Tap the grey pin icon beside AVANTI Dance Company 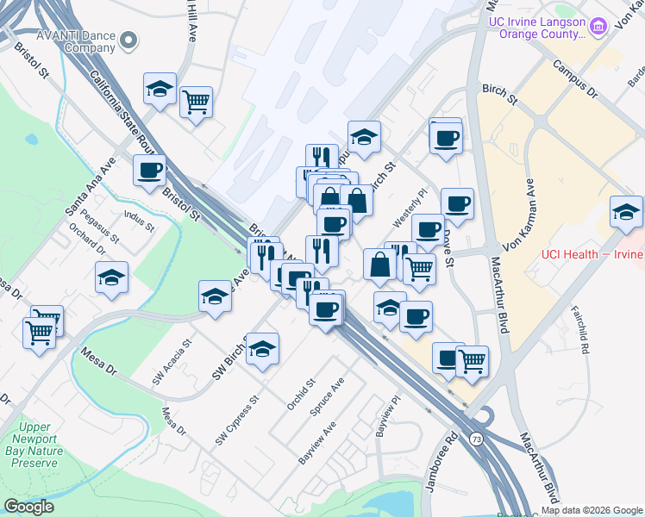pyautogui.click(x=130, y=40)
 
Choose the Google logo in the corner pyautogui.click(x=29, y=507)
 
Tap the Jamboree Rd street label pyautogui.click(x=438, y=467)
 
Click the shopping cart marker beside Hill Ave pyautogui.click(x=197, y=102)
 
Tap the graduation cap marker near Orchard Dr pyautogui.click(x=112, y=277)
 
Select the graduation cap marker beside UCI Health pyautogui.click(x=626, y=212)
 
